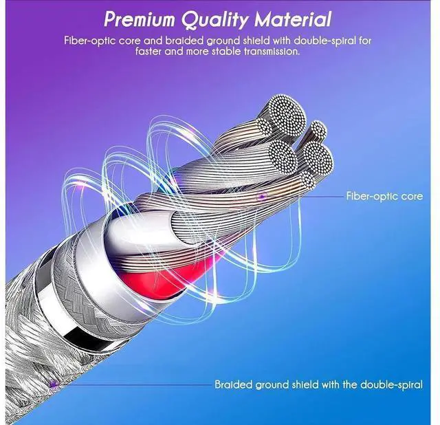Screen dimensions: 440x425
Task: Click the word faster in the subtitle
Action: pyautogui.click(x=153, y=51)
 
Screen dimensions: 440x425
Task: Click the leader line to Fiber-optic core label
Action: pyautogui.click(x=302, y=197)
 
